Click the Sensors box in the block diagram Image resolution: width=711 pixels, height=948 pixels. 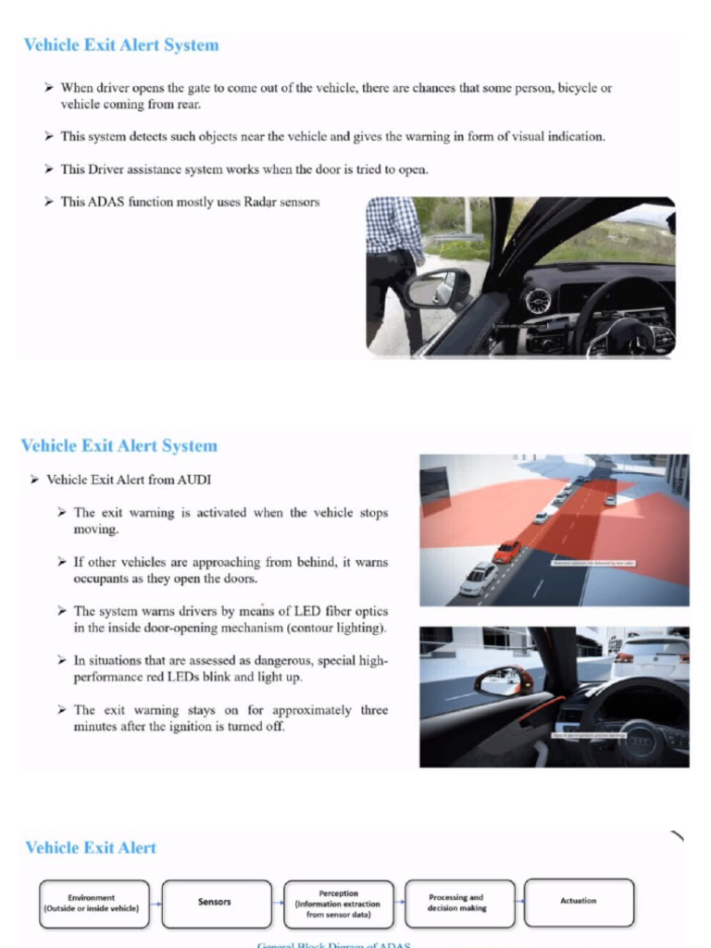point(215,902)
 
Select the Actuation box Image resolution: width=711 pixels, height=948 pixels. point(579,902)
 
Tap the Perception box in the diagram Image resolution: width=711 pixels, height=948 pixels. point(338,904)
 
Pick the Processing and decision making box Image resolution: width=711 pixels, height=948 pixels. point(458,903)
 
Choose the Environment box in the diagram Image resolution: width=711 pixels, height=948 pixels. point(93,903)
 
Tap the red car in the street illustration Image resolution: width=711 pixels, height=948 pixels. point(506,552)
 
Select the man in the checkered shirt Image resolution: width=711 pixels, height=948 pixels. point(393,259)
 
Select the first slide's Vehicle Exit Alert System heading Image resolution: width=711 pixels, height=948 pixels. point(121,44)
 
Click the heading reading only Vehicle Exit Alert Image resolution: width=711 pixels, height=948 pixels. point(91,847)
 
